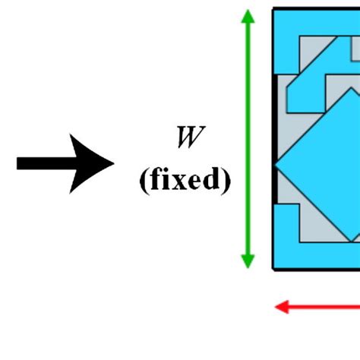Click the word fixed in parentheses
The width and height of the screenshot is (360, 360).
click(x=185, y=181)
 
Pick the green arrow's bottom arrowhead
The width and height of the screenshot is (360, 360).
click(x=248, y=259)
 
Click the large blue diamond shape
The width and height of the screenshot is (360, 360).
click(x=327, y=167)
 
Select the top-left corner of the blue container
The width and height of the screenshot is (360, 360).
click(x=274, y=10)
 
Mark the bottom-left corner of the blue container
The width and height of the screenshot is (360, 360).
click(x=274, y=267)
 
